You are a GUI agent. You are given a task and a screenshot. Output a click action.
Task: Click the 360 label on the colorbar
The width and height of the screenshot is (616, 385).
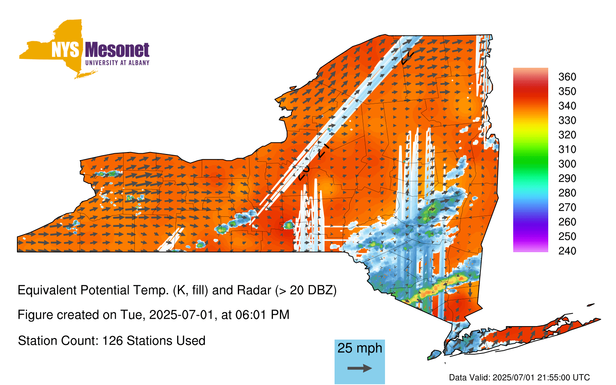pos(567,77)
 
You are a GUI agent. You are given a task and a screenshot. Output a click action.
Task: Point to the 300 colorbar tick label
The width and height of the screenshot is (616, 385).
pos(567,164)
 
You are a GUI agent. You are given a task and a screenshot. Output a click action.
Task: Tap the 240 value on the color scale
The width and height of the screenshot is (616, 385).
pos(567,251)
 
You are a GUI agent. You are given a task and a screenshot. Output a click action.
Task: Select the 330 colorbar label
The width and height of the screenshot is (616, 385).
pos(567,120)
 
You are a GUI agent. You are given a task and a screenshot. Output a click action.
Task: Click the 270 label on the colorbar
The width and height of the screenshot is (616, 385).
pos(567,208)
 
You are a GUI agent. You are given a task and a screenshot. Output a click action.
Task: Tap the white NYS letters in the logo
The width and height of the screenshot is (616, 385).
pos(65,50)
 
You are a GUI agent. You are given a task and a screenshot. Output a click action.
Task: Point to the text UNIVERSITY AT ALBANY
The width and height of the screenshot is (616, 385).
pos(117,63)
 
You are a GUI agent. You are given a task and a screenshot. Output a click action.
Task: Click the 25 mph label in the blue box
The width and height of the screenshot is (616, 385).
pos(360,348)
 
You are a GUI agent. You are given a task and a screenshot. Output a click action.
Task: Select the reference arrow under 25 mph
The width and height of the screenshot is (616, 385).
pos(360,368)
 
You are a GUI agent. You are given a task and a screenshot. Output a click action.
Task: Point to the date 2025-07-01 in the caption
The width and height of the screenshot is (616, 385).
pos(181,315)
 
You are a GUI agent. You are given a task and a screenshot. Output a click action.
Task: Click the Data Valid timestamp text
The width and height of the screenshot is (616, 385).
pos(519,377)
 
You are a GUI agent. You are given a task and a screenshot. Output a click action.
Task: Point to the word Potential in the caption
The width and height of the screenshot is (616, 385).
pos(106,290)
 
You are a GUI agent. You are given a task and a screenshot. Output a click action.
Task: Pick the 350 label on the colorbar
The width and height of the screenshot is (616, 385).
pos(567,91)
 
